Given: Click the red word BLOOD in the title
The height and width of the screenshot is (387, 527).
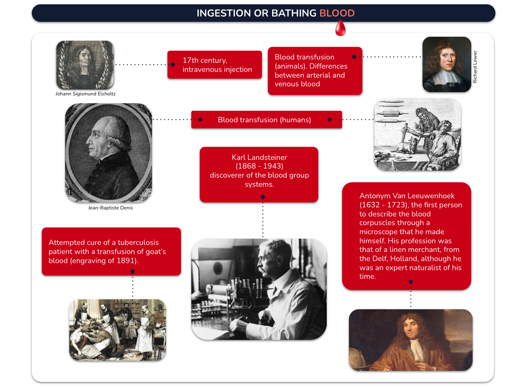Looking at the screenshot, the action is [337, 13].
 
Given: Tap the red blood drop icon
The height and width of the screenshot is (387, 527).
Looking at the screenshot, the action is [340, 28].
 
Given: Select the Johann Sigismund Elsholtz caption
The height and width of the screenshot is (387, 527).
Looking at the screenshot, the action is [85, 94].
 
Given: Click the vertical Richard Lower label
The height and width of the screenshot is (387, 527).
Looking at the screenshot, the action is [475, 67].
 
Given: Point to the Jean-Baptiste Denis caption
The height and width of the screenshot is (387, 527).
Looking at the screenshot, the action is [110, 208].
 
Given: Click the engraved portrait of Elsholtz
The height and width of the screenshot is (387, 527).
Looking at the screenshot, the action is [85, 65].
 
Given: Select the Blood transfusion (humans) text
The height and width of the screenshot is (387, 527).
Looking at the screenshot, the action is [264, 120].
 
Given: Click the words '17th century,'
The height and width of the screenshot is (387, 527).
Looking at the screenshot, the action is [205, 60].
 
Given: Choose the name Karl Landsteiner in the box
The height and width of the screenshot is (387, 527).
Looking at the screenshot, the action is [259, 157].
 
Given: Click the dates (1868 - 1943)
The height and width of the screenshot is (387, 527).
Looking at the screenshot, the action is [259, 166].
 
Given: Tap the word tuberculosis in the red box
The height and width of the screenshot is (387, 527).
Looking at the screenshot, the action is [138, 242].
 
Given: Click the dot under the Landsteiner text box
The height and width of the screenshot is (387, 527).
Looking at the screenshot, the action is [263, 197].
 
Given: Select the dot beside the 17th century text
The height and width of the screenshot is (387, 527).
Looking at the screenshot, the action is [173, 65].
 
